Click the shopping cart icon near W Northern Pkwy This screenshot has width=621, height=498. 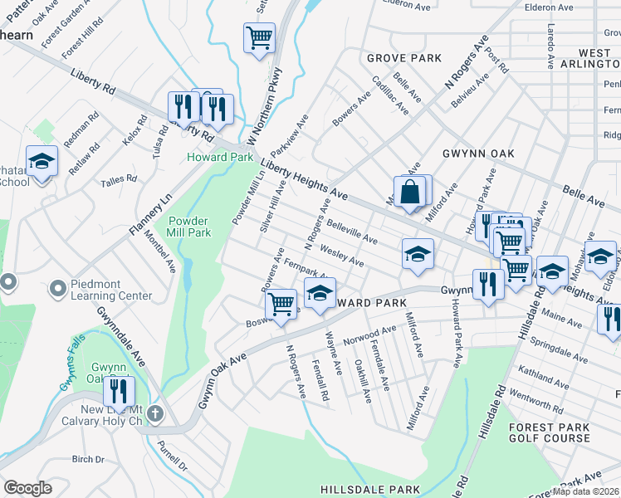(259, 37)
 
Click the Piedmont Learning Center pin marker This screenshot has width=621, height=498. (57, 289)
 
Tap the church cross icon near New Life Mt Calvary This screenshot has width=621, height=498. (156, 413)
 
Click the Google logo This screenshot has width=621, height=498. (28, 487)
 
